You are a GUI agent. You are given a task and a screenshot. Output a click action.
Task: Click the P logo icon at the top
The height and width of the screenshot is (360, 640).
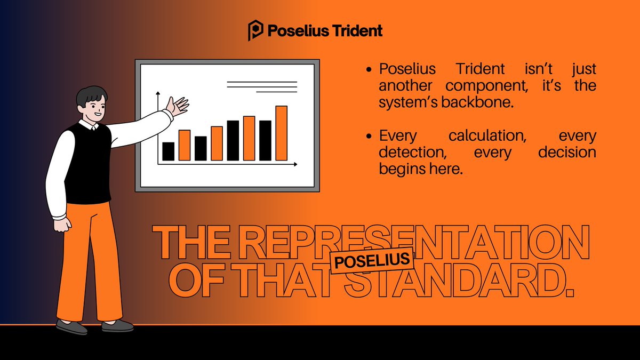coord(256,31)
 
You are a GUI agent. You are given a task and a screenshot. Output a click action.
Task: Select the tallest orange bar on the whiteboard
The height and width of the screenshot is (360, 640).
coord(281,133)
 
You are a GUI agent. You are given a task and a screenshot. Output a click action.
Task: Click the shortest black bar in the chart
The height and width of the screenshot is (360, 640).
coord(168,151)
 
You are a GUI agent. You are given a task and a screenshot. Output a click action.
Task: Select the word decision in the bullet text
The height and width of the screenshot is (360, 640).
coord(566,153)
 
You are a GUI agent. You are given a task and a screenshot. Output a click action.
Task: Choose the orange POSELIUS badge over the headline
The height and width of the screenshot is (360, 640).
coord(372,261)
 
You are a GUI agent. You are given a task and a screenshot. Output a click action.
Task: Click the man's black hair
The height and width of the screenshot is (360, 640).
coord(92,96)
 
